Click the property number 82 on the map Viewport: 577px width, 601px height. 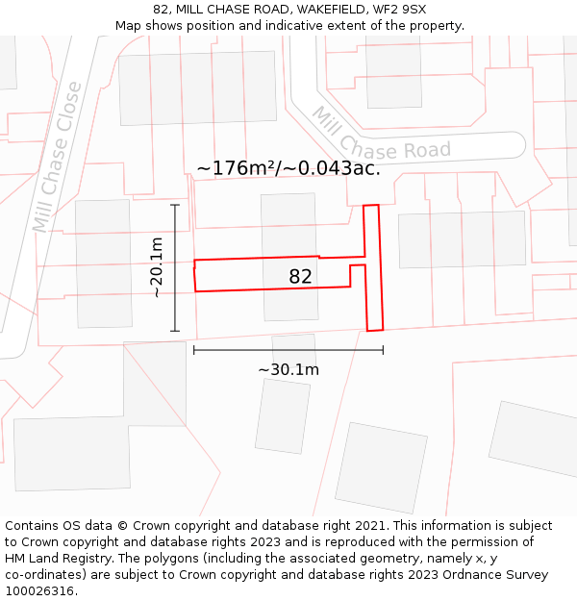300,277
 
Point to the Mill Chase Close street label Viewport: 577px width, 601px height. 58,159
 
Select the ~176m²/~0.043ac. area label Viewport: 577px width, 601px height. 288,168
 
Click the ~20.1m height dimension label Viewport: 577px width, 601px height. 158,267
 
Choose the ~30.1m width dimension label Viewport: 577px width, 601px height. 288,369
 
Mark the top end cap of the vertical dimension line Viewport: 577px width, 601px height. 175,205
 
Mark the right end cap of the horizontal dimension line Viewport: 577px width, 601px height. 383,350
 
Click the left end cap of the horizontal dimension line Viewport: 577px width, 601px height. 194,350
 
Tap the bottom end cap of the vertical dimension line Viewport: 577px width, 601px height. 175,331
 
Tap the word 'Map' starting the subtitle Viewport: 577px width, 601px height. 129,26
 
